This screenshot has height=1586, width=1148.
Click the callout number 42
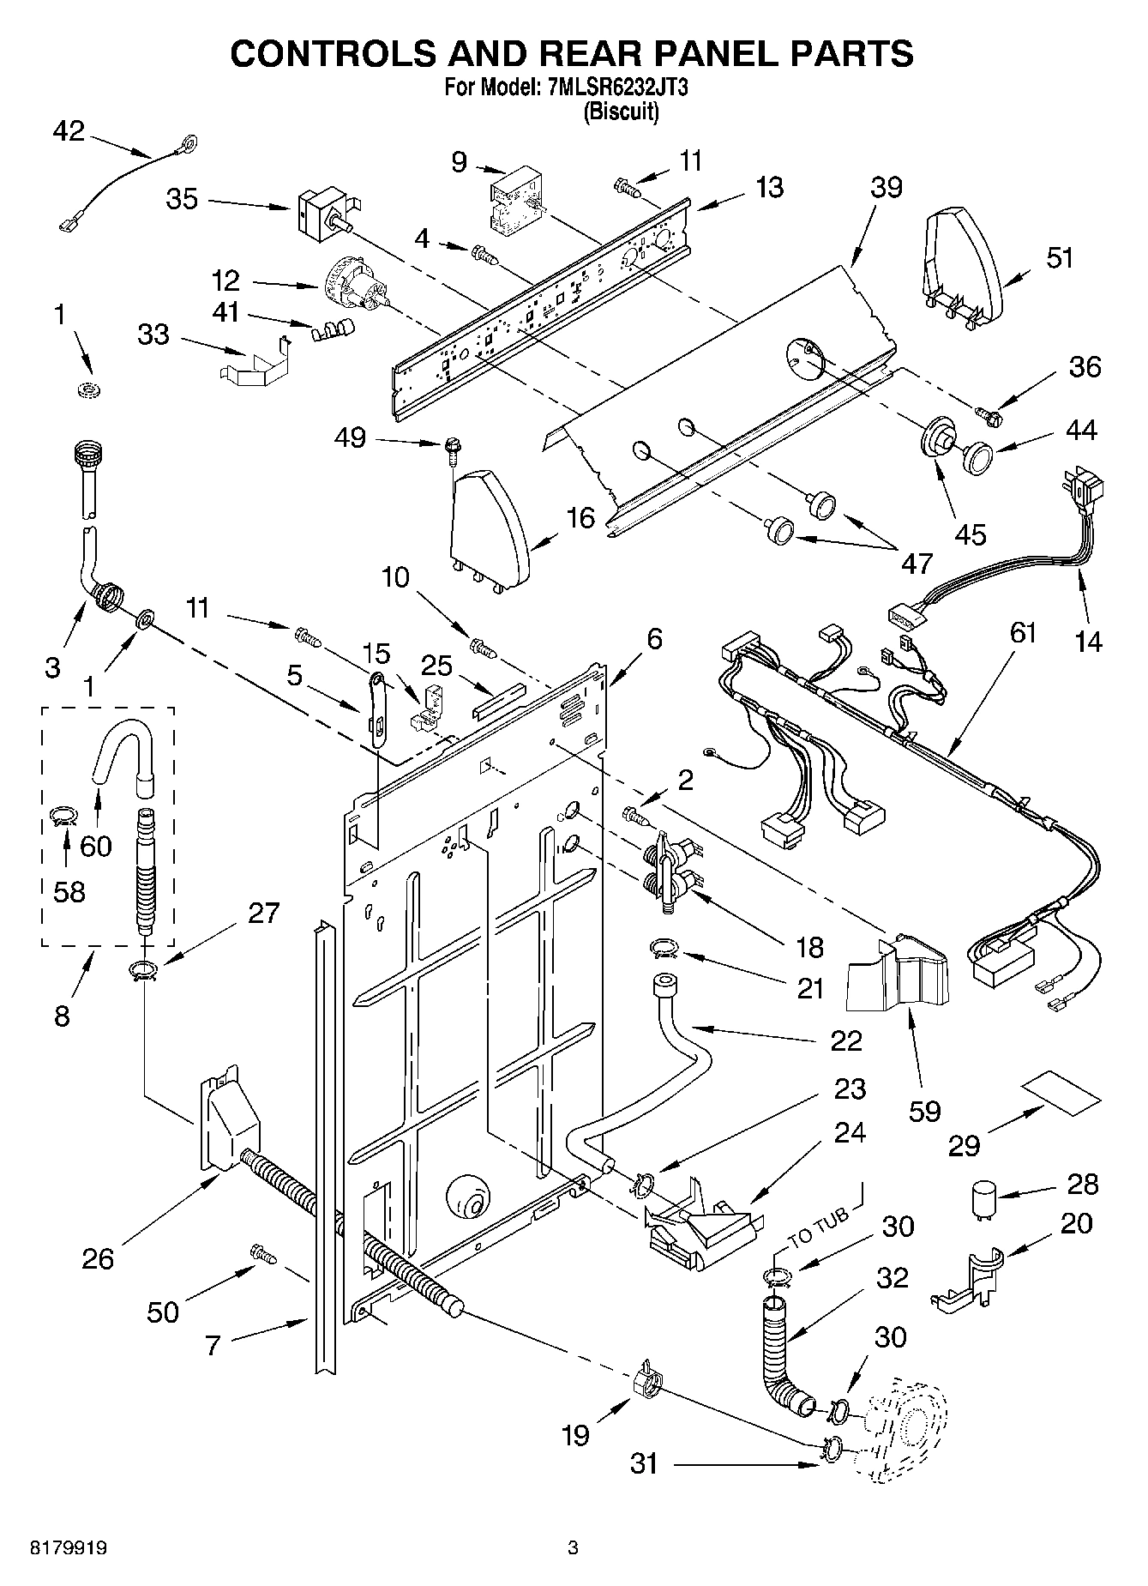(x=69, y=130)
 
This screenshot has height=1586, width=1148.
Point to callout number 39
(x=887, y=187)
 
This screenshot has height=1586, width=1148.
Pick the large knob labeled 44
(x=976, y=456)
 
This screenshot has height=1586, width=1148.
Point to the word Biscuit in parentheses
(x=621, y=112)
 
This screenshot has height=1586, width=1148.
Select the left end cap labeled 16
(x=489, y=524)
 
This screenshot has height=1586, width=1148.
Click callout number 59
(x=924, y=1112)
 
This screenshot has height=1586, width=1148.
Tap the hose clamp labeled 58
(x=62, y=814)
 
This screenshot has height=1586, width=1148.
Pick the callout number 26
(x=98, y=1258)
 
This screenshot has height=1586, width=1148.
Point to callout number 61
(x=1023, y=633)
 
